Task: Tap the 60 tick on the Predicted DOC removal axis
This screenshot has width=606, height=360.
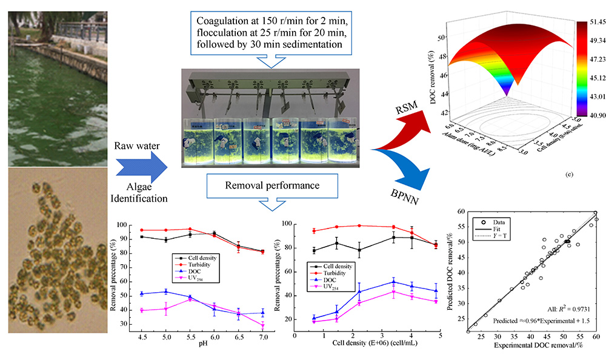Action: (x=461, y=212)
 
